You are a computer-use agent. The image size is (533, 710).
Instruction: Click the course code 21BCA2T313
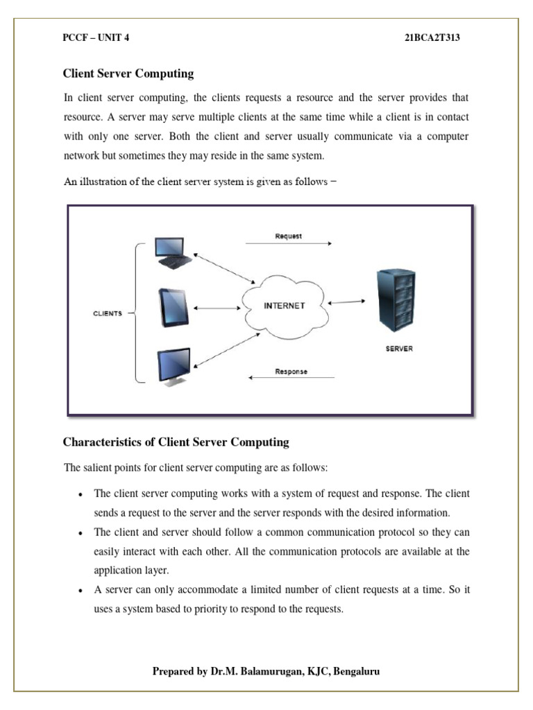[432, 38]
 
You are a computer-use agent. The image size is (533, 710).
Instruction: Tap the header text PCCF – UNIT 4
[96, 38]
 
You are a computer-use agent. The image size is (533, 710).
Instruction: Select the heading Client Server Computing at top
[128, 73]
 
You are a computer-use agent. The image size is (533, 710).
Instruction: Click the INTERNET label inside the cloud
[283, 306]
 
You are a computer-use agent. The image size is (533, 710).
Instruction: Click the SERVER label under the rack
[398, 349]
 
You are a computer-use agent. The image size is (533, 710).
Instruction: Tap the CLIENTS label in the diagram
[108, 313]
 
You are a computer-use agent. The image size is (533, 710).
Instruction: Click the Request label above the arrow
[289, 236]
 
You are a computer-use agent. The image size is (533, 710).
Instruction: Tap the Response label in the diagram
[291, 372]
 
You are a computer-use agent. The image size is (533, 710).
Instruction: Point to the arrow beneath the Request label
[288, 244]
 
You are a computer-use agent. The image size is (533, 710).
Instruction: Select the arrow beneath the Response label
[291, 379]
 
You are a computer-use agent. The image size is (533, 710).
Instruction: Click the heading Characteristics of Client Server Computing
[176, 442]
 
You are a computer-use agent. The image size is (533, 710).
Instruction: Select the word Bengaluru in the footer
[355, 671]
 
